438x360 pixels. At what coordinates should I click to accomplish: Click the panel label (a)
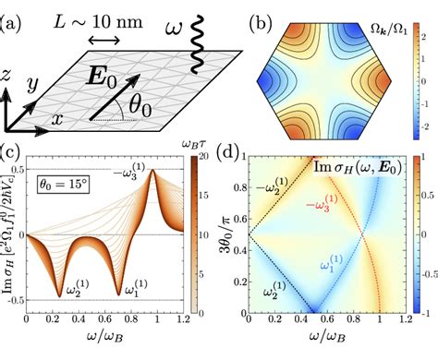pos(16,13)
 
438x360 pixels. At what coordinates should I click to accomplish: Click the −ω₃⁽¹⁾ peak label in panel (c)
pos(159,172)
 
